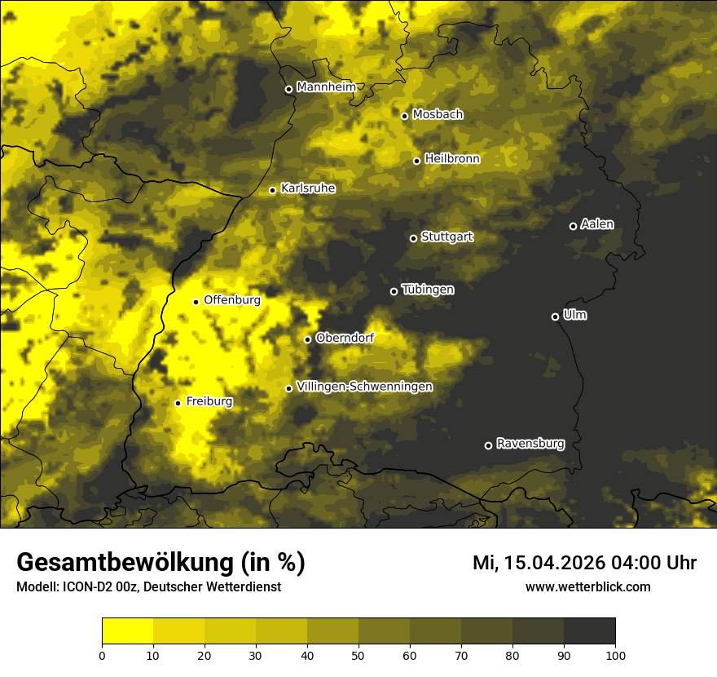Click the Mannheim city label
click(326, 87)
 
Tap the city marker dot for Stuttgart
click(413, 238)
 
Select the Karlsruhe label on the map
click(307, 188)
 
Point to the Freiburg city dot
click(178, 403)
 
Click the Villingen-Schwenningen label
click(364, 387)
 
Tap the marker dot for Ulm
click(555, 316)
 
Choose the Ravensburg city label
click(530, 444)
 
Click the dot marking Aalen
click(573, 226)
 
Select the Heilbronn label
click(452, 159)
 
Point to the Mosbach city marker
click(404, 116)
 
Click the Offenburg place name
click(231, 300)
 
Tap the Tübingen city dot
click(394, 291)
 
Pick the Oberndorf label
click(345, 338)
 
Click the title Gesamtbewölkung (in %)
click(161, 563)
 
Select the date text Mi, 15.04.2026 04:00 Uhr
click(584, 563)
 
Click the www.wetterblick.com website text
click(587, 586)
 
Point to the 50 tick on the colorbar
click(358, 654)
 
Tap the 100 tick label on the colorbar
click(615, 654)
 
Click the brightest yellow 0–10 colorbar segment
click(128, 631)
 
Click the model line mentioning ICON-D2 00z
click(148, 586)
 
